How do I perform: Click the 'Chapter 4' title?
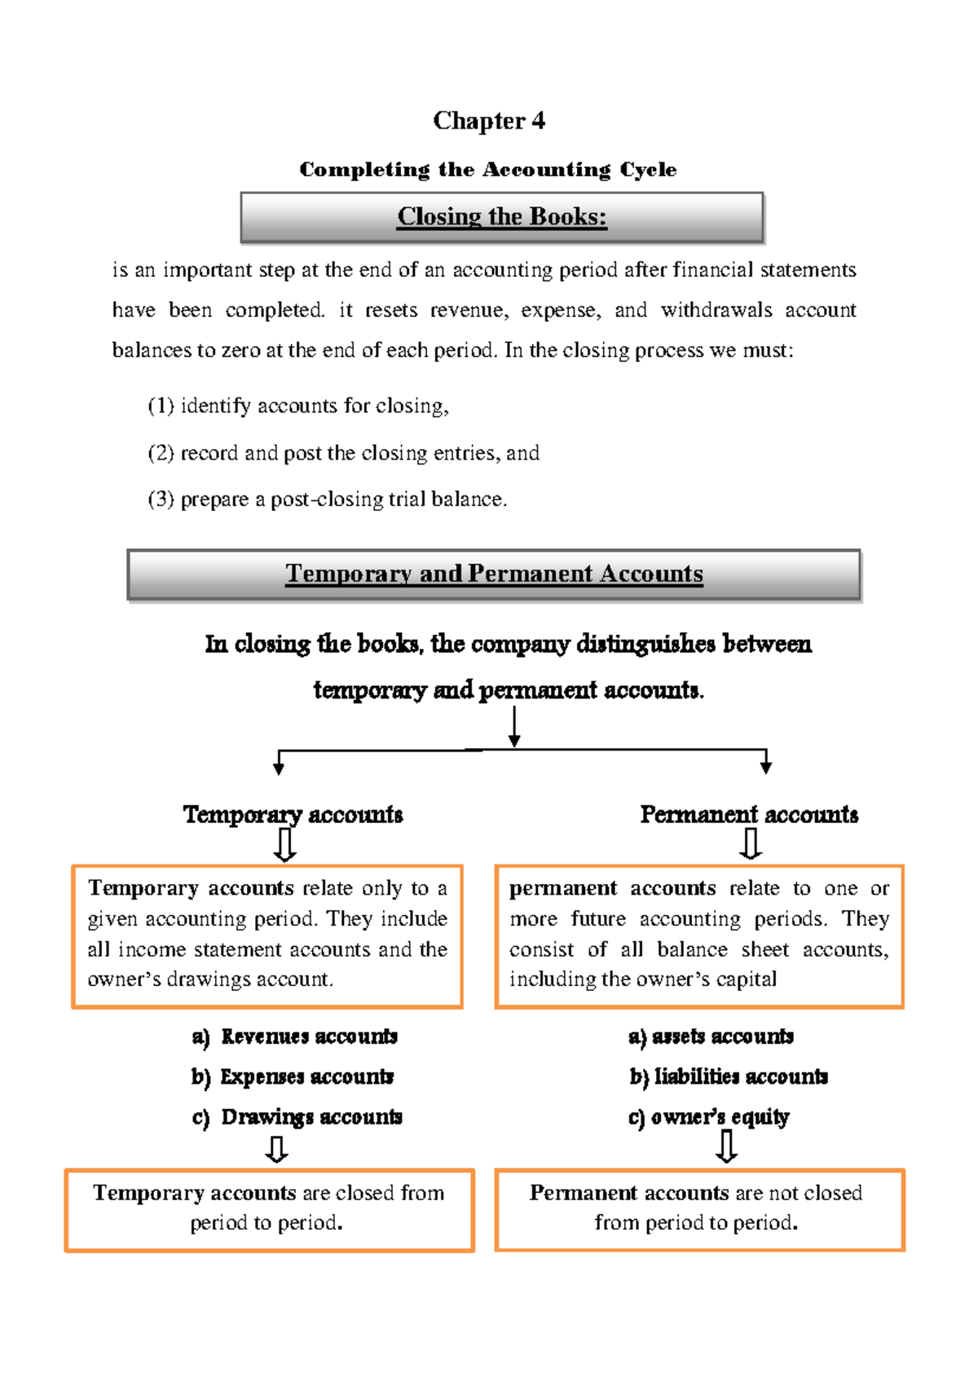489,121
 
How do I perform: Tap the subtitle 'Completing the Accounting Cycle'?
488,169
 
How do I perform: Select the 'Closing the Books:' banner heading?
502,217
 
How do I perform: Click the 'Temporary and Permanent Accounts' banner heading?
494,574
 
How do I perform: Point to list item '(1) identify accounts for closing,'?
298,406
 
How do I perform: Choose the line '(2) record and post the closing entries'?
343,453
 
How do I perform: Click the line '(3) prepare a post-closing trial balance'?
328,499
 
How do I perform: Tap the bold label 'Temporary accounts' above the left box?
293,814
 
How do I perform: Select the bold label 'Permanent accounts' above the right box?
749,814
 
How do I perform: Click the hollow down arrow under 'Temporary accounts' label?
285,845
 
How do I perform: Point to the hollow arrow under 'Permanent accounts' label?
751,844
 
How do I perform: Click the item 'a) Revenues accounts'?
295,1036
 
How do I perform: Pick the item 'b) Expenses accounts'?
293,1076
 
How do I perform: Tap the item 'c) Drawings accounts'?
297,1116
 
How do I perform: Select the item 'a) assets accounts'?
711,1036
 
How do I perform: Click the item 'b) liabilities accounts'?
729,1076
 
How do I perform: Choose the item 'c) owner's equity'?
708,1116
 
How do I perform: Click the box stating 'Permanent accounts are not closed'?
699,1209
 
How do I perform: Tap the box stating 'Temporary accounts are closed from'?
269,1209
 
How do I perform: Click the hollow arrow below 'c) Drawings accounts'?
277,1149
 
